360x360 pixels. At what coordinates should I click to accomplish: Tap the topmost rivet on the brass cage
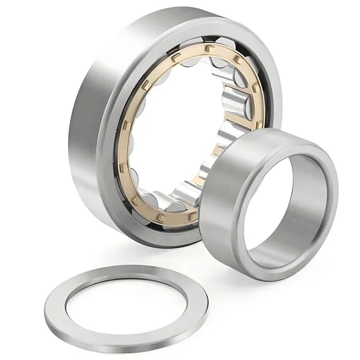click(x=208, y=47)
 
